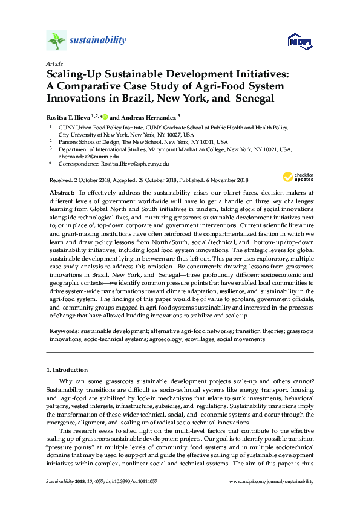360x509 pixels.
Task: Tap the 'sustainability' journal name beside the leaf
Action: pos(98,41)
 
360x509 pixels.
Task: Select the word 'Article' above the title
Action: pos(54,63)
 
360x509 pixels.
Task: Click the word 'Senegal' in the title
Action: pos(254,97)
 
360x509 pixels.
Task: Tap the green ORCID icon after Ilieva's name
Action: pos(104,116)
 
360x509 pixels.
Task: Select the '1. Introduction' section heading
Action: pos(67,369)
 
